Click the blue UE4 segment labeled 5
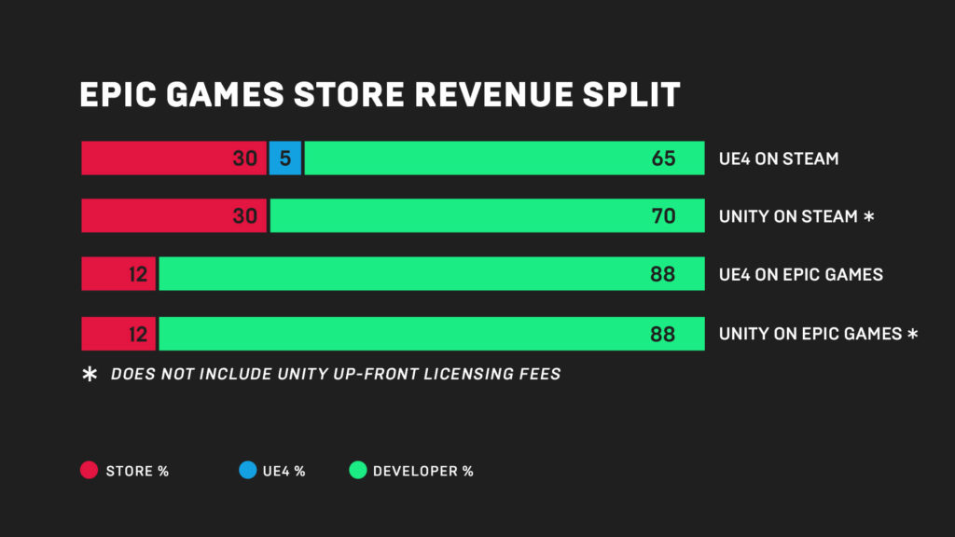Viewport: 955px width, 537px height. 284,158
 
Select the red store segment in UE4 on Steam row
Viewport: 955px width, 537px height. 173,158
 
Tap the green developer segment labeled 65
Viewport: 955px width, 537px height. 504,158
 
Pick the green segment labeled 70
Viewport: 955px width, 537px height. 487,216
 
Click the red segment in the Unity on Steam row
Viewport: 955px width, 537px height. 173,216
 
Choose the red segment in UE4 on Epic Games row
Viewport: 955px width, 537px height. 118,274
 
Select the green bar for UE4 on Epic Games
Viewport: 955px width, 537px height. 431,274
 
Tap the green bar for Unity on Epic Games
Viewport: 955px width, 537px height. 431,333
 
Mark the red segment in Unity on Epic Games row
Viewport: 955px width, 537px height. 118,333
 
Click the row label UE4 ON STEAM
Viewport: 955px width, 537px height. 779,159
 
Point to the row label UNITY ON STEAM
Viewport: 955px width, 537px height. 788,217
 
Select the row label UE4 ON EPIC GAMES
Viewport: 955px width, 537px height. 801,275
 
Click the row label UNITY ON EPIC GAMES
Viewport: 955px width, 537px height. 810,334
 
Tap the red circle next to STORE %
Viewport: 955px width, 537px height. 90,471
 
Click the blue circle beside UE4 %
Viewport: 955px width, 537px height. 247,471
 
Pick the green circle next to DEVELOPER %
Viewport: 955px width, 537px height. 357,471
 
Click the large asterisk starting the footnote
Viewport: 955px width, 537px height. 90,375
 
